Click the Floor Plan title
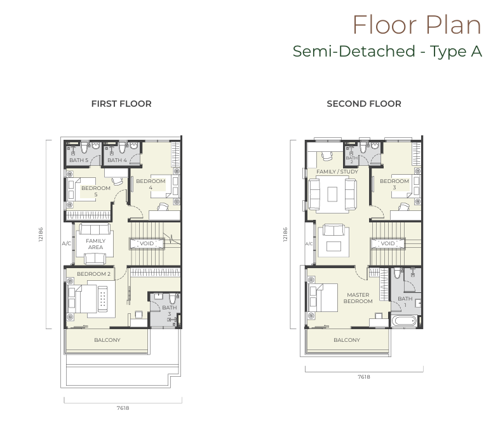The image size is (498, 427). tap(417, 25)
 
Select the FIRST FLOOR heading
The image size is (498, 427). tap(121, 104)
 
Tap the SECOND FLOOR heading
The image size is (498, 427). tap(364, 104)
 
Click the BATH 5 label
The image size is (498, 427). tap(79, 160)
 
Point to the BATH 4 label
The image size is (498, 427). tap(117, 160)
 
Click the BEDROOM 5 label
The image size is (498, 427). tap(95, 191)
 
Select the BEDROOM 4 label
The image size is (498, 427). tap(151, 184)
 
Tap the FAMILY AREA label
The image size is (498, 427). tap(95, 244)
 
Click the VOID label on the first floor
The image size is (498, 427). tap(147, 244)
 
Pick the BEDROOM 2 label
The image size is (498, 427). tap(94, 274)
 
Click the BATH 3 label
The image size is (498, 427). tap(169, 310)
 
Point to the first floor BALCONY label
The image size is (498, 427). tap(107, 340)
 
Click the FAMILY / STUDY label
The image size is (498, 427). tap(337, 172)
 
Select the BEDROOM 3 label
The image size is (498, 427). tap(394, 184)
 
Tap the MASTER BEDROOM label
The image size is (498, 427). tap(358, 298)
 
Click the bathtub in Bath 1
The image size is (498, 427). tap(404, 322)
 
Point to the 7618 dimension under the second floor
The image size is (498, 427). tap(364, 377)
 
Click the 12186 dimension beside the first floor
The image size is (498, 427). tap(41, 234)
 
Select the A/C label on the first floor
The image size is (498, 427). tap(66, 244)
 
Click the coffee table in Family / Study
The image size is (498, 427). tap(333, 194)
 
